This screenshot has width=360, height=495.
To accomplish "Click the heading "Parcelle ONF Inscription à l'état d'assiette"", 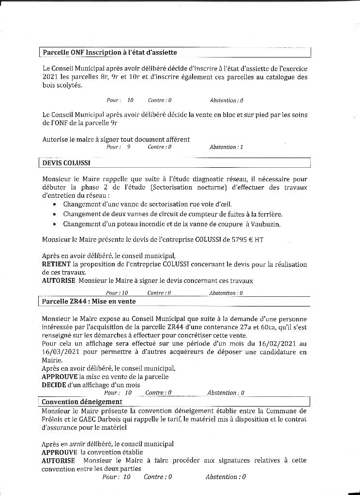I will pyautogui.click(x=110, y=52).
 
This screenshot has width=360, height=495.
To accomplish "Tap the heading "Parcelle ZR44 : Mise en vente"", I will pyautogui.click(x=89, y=301).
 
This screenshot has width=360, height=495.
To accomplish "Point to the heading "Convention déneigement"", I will pyautogui.click(x=82, y=402).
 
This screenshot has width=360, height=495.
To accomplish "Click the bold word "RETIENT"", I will pyautogui.click(x=56, y=264).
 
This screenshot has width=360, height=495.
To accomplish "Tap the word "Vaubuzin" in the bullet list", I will pyautogui.click(x=265, y=224).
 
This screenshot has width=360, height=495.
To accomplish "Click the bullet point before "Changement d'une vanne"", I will pyautogui.click(x=54, y=204).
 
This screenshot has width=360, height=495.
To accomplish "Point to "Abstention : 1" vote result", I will pyautogui.click(x=226, y=147).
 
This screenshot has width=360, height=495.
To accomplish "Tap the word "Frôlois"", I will pyautogui.click(x=53, y=419).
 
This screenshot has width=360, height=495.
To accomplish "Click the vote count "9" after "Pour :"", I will pyautogui.click(x=129, y=147).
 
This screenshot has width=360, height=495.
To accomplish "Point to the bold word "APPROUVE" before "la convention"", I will pyautogui.click(x=60, y=452).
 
